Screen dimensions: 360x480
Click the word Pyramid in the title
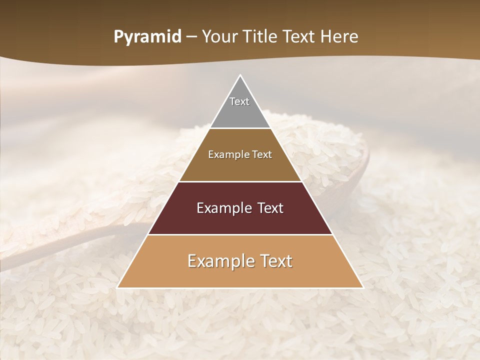[x=147, y=37]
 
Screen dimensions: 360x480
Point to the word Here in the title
[x=339, y=37]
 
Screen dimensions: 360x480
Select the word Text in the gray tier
[x=239, y=101]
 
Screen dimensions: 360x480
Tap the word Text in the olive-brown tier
[x=261, y=155]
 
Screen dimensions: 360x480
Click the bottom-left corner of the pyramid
[x=117, y=287]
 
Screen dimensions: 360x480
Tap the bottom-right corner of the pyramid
[x=363, y=287]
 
